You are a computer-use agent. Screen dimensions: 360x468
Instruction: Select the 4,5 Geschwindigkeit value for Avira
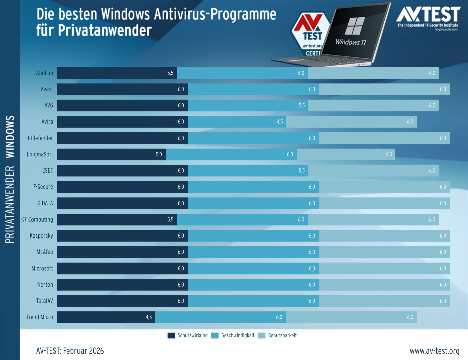coord(280,122)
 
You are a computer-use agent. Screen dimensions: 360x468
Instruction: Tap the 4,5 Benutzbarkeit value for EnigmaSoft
coord(389,154)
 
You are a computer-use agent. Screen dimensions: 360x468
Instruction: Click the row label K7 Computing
coord(37,220)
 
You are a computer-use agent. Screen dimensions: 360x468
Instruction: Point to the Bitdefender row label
coord(40,138)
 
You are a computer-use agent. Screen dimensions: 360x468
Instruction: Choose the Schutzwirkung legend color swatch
coord(171,336)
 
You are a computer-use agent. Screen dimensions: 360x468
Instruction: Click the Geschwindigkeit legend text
coord(238,336)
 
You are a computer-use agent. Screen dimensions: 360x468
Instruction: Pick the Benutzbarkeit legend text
coord(282,336)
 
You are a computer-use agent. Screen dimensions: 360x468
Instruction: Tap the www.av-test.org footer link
coord(434,351)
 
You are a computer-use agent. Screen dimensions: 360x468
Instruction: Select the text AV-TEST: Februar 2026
coord(70,351)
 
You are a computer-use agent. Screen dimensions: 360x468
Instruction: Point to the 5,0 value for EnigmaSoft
coord(159,154)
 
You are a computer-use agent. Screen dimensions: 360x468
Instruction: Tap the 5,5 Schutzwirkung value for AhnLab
coord(170,73)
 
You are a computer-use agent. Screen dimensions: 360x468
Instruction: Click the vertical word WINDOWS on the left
coord(10,137)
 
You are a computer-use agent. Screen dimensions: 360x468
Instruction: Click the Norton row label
coord(45,285)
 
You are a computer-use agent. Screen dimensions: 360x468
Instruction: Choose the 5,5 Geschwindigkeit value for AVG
coord(301,106)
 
